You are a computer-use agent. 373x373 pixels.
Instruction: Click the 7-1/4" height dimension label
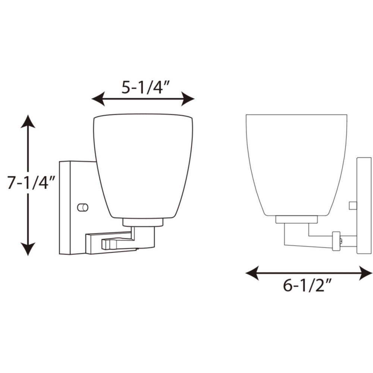(x=31, y=183)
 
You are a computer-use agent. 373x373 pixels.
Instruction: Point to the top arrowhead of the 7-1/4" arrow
(x=28, y=121)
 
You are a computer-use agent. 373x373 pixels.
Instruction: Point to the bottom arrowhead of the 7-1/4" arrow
(x=28, y=249)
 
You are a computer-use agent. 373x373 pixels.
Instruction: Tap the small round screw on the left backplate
(x=82, y=207)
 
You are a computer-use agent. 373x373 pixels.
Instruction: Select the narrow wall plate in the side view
(x=364, y=205)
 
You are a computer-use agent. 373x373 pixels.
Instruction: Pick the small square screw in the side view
(x=352, y=205)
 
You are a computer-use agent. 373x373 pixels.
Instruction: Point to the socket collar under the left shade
(x=143, y=223)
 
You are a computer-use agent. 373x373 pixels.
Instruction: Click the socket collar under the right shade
(x=297, y=219)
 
